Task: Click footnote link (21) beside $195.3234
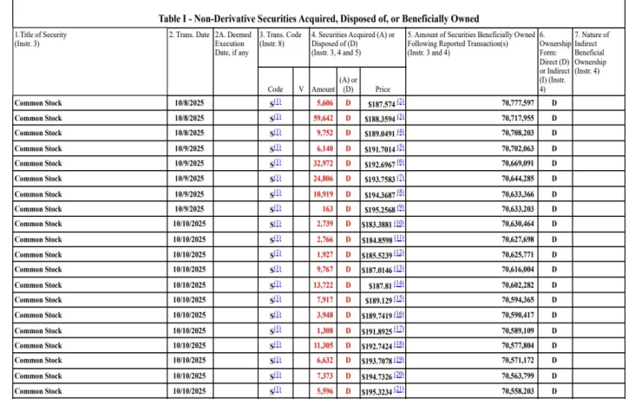(400, 390)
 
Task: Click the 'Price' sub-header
(383, 88)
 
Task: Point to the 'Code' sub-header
(276, 88)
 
